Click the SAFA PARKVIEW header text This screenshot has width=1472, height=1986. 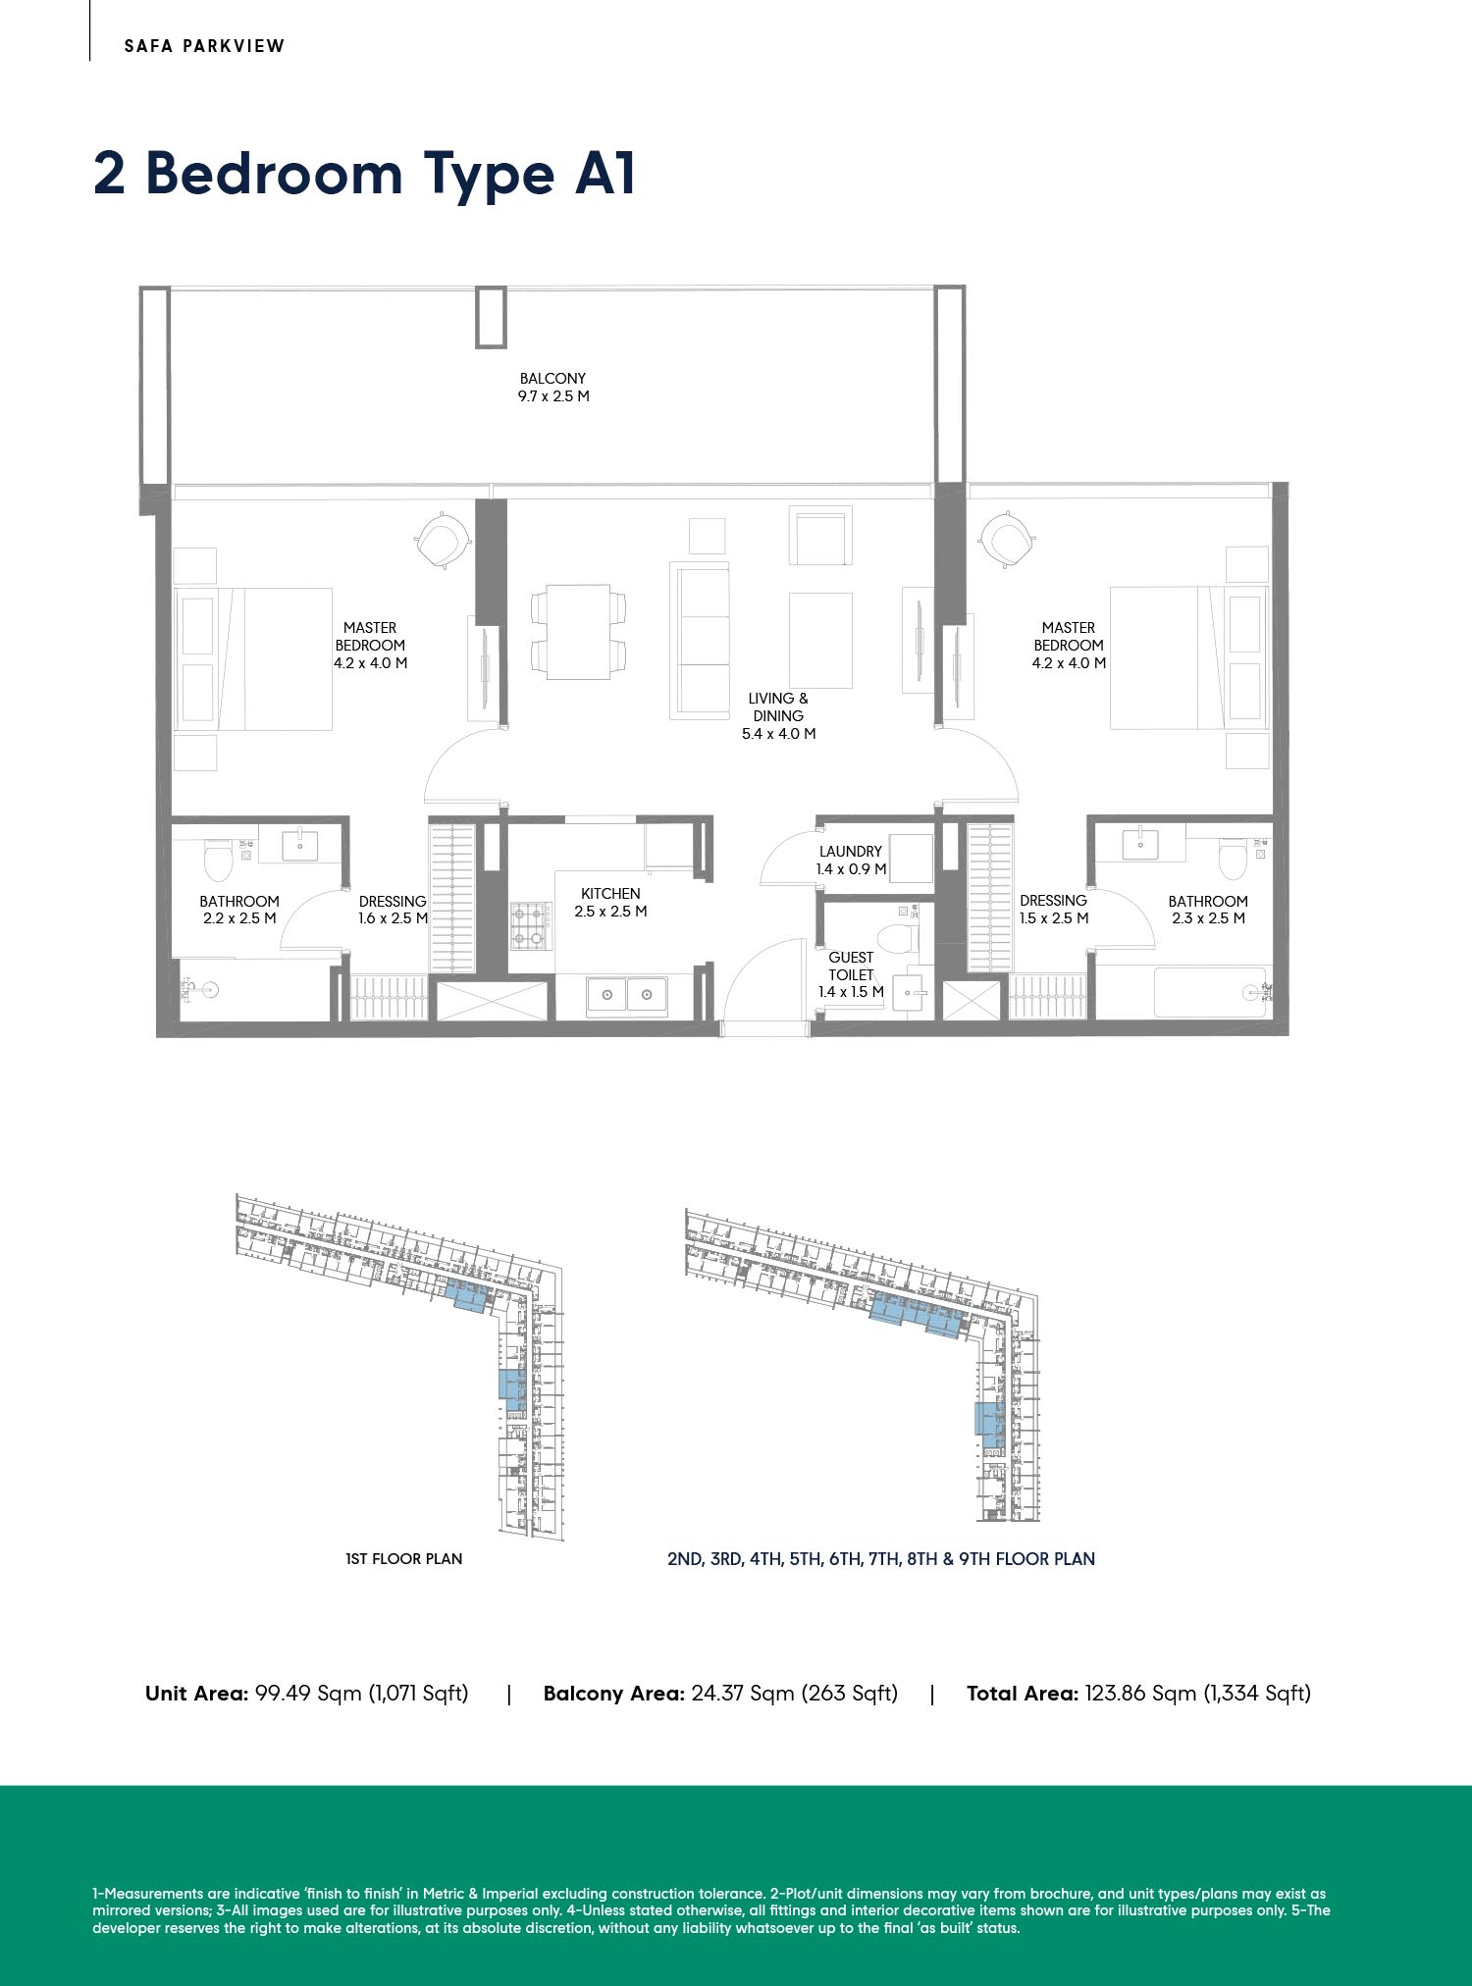pos(204,46)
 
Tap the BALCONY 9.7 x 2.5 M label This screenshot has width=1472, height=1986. pos(553,388)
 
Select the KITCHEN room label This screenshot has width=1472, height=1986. pos(610,894)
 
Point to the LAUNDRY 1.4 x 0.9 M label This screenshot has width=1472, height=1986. pos(851,861)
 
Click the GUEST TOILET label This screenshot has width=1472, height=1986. pos(851,967)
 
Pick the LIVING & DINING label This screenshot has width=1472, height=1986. pos(778,707)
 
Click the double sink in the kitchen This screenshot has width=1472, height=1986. pos(627,995)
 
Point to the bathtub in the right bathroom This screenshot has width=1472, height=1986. pos(1209,992)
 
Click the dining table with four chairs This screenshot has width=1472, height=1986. pos(578,632)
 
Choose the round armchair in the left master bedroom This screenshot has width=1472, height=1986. pos(442,539)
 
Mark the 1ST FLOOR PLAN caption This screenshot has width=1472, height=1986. pos(403,1558)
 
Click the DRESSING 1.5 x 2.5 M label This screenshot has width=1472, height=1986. pos(1054,910)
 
